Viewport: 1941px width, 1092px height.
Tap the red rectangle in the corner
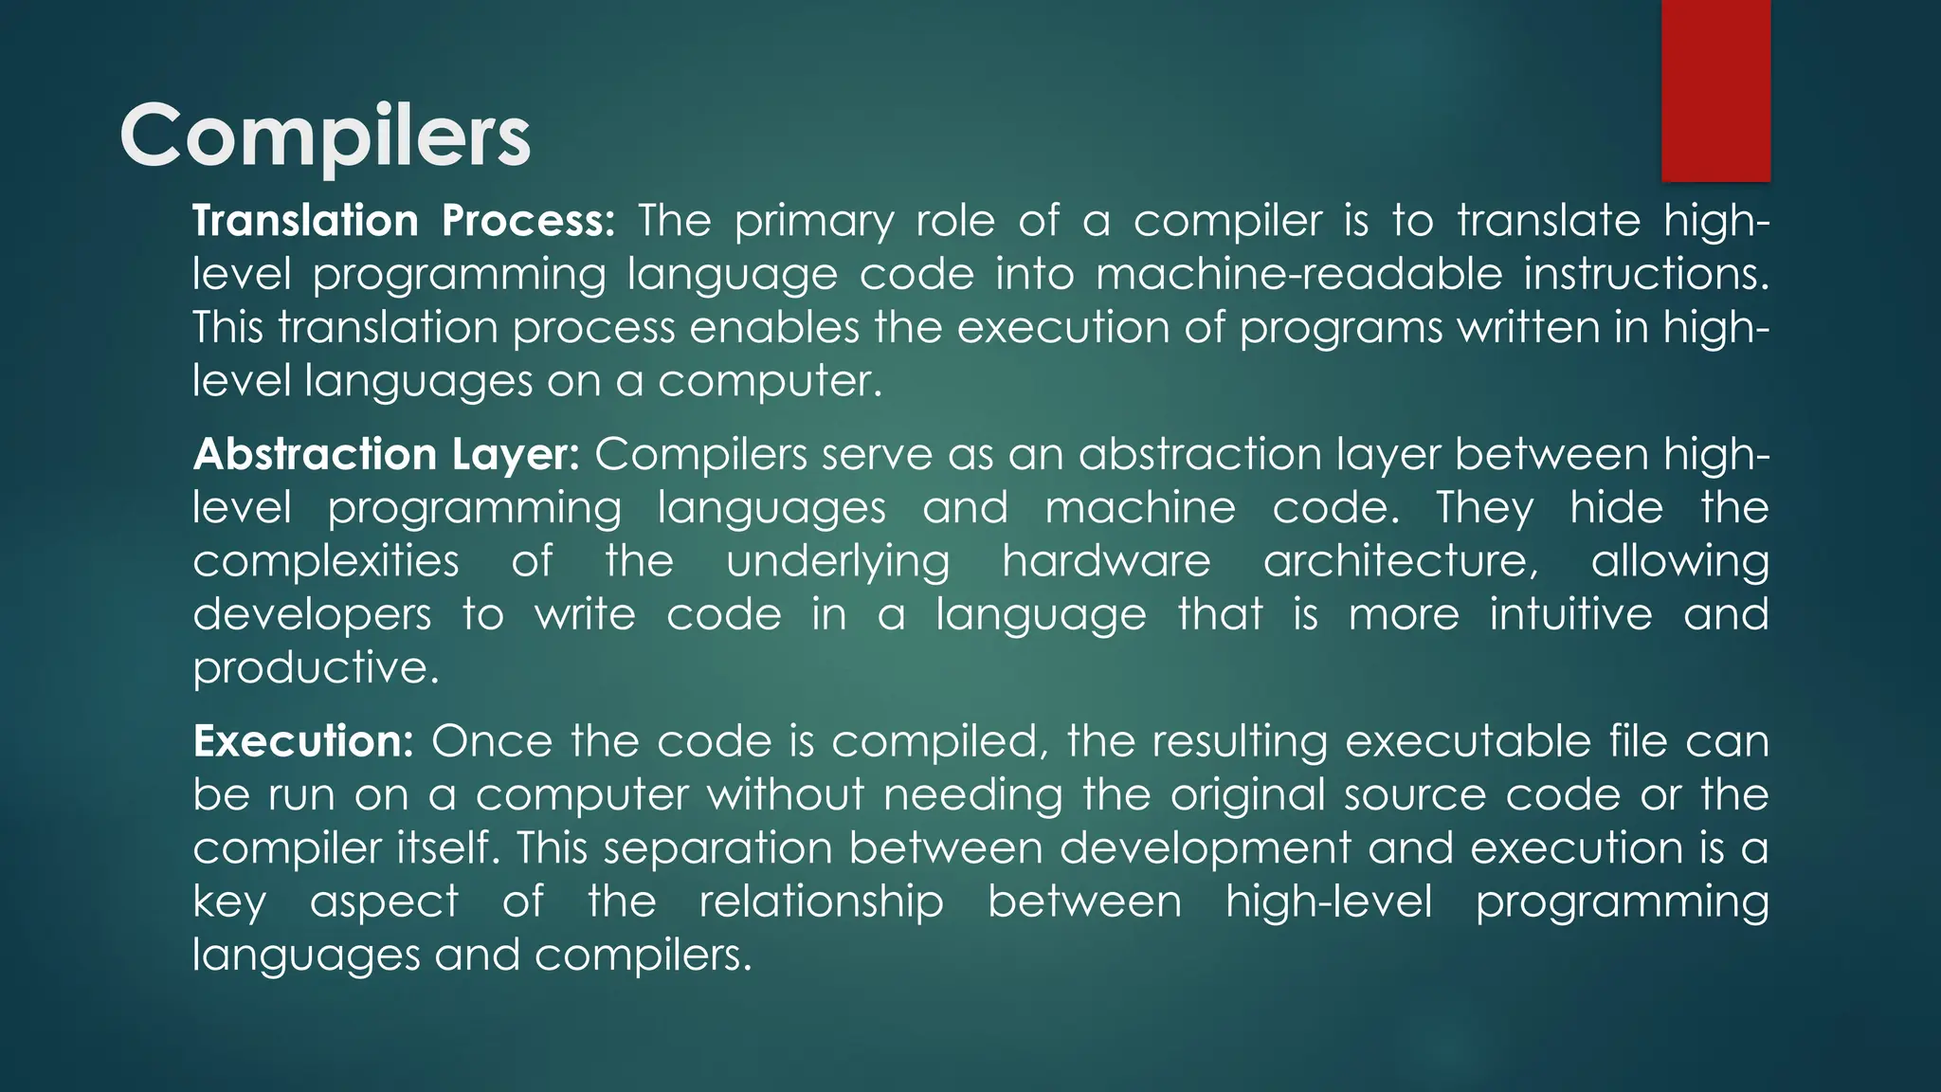click(x=1715, y=90)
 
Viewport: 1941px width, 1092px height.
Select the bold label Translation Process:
click(x=404, y=221)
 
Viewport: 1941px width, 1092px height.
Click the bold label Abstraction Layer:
click(x=386, y=454)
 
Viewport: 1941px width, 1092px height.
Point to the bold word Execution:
click(x=303, y=740)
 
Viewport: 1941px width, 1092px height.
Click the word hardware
click(x=1106, y=560)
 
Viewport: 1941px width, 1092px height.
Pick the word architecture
click(x=1399, y=560)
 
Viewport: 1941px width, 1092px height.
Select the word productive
click(x=316, y=668)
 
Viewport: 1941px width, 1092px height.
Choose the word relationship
click(x=821, y=901)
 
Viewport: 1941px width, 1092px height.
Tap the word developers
click(x=312, y=615)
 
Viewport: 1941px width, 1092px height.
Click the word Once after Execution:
click(x=491, y=740)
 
